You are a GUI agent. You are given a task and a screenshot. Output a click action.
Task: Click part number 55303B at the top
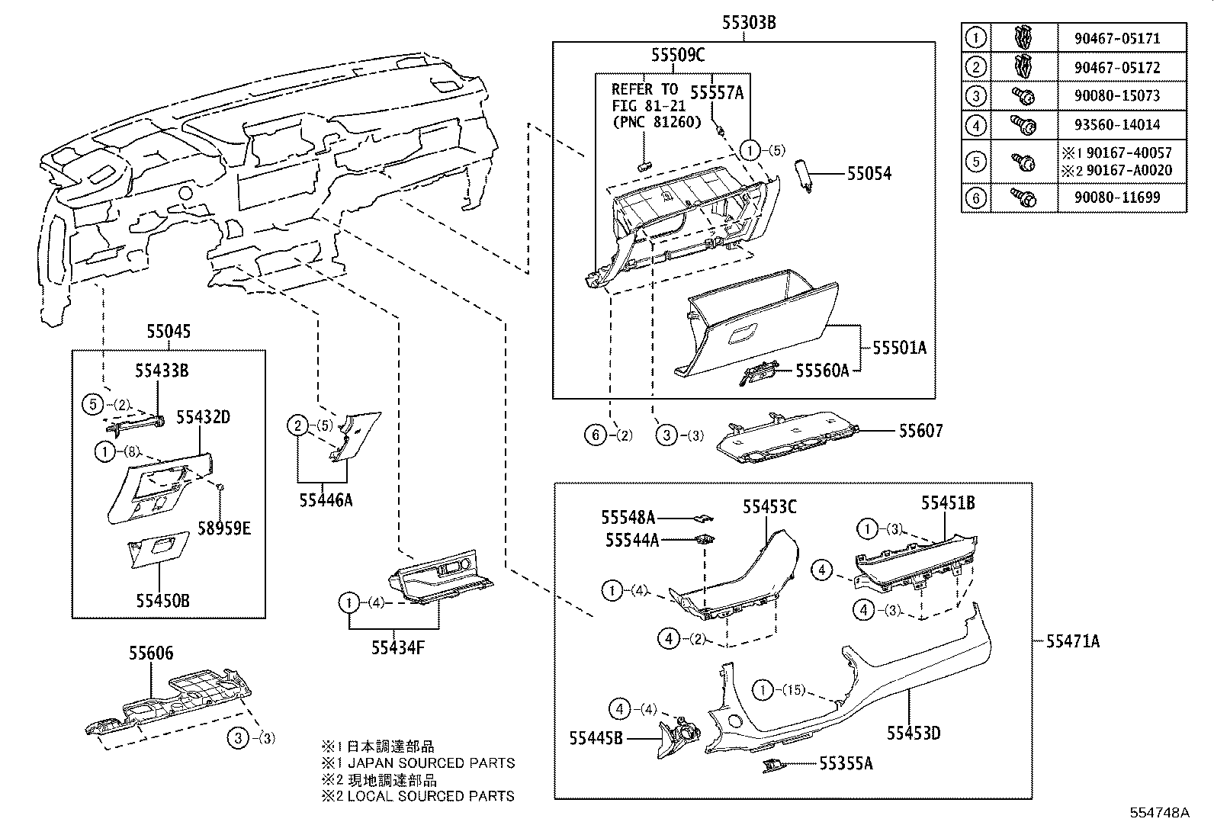click(x=749, y=23)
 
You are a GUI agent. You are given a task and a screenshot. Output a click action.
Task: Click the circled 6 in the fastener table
click(x=975, y=198)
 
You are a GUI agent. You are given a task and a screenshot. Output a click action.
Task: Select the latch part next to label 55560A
click(x=759, y=373)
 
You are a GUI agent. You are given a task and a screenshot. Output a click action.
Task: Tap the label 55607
click(x=920, y=431)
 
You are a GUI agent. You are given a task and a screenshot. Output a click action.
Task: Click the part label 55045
click(x=169, y=332)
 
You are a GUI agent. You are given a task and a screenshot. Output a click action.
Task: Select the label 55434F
click(x=397, y=647)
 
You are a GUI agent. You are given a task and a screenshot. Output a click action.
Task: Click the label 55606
click(x=151, y=653)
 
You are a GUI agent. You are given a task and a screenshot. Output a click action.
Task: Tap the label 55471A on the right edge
click(x=1072, y=641)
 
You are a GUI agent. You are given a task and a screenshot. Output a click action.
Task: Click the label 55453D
click(x=913, y=734)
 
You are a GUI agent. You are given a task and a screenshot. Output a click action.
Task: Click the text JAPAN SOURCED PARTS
click(x=431, y=763)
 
